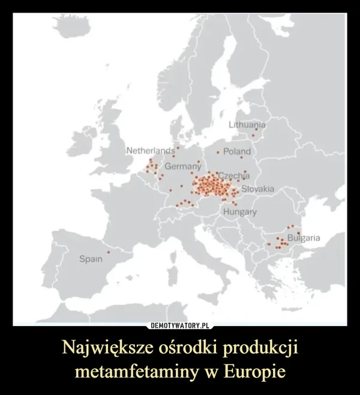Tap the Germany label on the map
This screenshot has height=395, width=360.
point(182,165)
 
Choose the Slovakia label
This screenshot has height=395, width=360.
point(257,189)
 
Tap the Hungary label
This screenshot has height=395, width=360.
point(240,213)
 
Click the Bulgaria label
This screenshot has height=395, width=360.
point(305,239)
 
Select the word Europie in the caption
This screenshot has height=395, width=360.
point(256,371)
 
